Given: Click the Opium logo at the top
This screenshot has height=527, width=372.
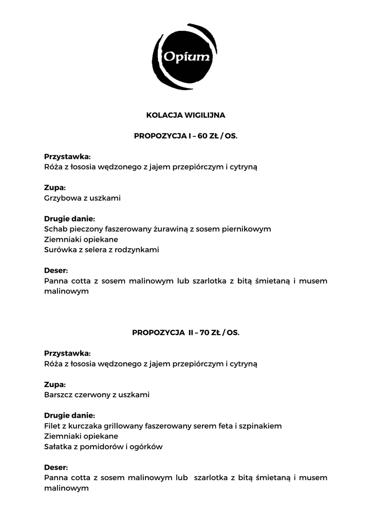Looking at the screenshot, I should coord(185,57).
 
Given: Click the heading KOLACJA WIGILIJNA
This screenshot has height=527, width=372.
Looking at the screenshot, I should coord(185,115).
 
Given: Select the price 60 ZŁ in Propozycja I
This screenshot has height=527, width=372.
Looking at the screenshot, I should coord(209,136).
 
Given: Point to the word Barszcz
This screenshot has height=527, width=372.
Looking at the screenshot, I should coord(59,395).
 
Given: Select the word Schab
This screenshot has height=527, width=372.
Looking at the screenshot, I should coord(55,229).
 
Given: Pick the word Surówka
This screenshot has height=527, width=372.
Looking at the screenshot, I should coord(60,250).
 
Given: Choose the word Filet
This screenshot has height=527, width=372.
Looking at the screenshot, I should coord(53,426).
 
